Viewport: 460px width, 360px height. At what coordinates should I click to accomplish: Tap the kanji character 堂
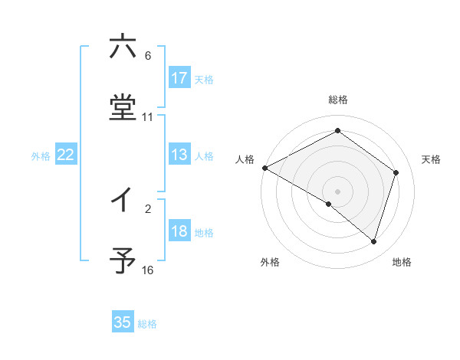point(123,107)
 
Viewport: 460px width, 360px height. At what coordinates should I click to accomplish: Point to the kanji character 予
point(123,260)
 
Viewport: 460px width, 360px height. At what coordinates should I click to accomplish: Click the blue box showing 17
point(179,77)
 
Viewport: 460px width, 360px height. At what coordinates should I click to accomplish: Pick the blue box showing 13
point(179,155)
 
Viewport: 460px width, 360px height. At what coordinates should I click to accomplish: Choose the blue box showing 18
point(179,231)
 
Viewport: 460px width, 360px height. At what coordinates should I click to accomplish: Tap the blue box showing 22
point(66,155)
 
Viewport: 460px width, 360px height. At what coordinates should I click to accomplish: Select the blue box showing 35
point(123,322)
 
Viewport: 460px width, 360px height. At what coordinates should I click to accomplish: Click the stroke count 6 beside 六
point(148,56)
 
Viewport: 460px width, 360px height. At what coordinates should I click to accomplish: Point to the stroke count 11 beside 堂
point(148,117)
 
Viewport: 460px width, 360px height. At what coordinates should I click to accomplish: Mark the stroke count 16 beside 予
point(148,270)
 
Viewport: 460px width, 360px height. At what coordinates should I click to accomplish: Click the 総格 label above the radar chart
point(338,100)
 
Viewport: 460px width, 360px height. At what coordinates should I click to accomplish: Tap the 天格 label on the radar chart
point(432,159)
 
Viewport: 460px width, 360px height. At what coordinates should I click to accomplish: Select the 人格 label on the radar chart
point(245,159)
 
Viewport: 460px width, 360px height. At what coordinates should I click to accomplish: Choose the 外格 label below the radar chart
point(270,262)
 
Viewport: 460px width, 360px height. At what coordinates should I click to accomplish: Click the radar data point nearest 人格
point(264,168)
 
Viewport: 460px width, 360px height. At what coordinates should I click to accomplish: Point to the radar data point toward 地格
point(373,241)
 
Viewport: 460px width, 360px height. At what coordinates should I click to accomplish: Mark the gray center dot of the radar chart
point(338,191)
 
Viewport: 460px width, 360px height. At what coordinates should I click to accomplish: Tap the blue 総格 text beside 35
point(147,324)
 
